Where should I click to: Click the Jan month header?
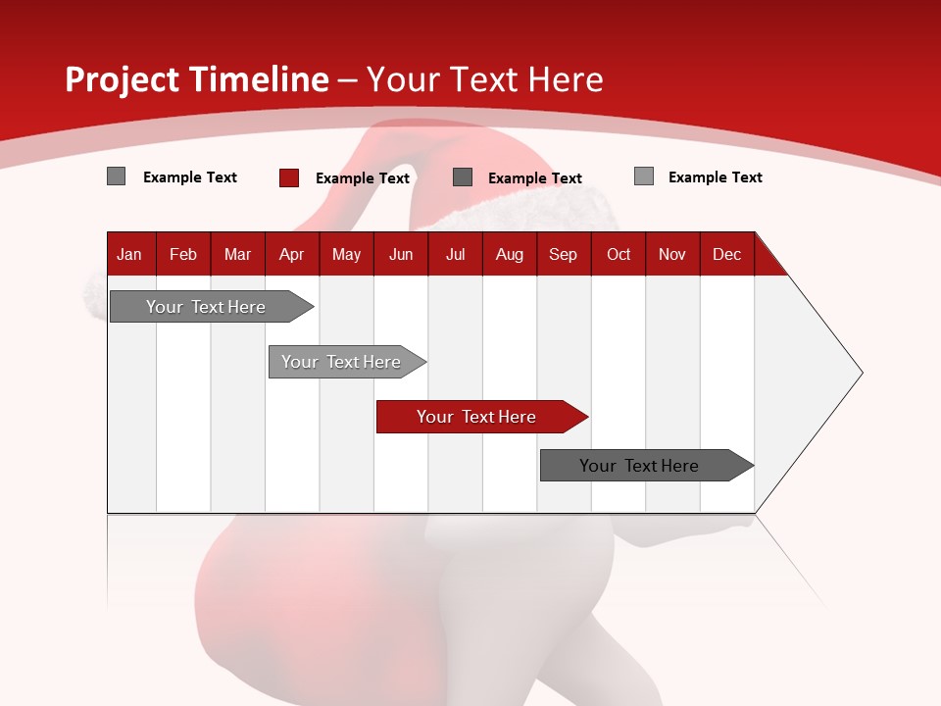[x=129, y=254]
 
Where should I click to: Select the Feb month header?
[x=183, y=254]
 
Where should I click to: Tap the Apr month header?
[x=291, y=254]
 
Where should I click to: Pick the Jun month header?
[x=401, y=254]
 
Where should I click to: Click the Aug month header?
[x=509, y=254]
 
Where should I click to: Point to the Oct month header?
[x=619, y=254]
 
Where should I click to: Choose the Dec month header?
[x=726, y=254]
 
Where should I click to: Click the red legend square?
[x=288, y=177]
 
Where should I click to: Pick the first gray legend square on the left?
[x=116, y=176]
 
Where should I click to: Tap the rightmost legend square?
[x=644, y=176]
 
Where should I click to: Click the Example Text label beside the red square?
[x=363, y=178]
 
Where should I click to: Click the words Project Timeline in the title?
[x=196, y=79]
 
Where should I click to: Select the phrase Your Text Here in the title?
[x=484, y=79]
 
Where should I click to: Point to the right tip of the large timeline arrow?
[x=861, y=373]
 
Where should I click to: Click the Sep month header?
[x=563, y=254]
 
